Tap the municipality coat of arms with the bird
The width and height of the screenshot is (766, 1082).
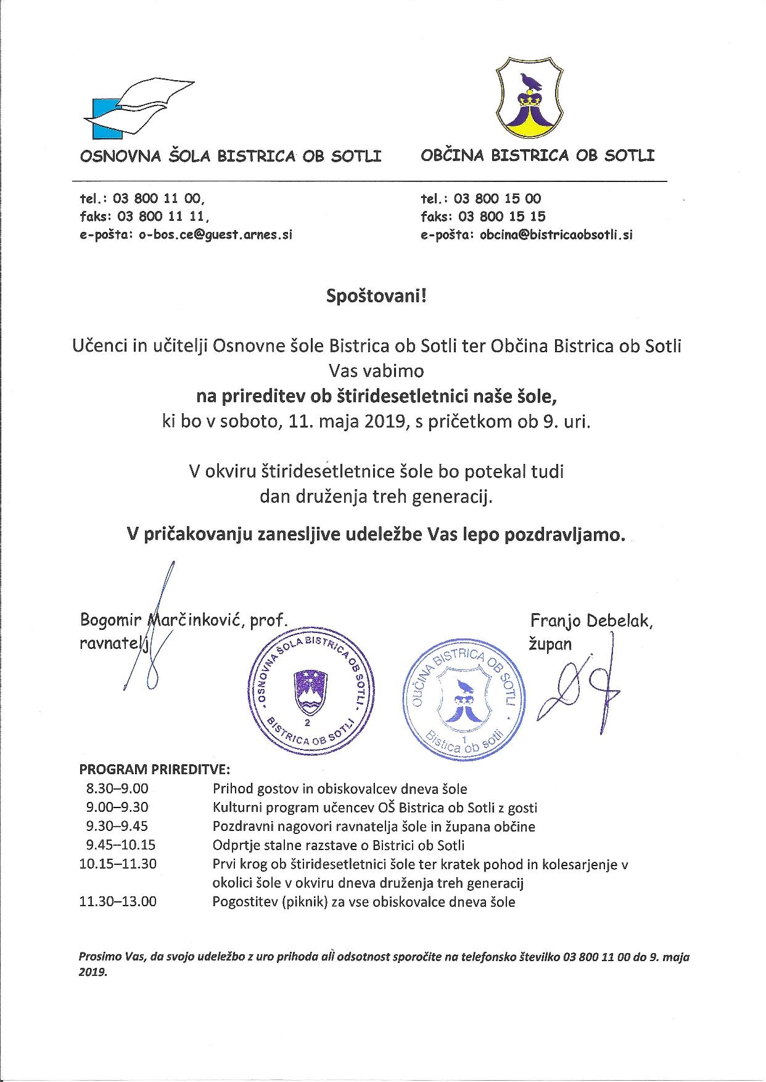[529, 98]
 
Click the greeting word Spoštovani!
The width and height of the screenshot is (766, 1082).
[376, 296]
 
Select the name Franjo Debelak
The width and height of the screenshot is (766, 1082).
[591, 621]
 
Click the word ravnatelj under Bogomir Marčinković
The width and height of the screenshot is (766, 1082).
[115, 643]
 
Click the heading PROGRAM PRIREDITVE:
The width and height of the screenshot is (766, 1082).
[154, 769]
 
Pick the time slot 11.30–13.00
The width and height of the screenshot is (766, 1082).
[118, 902]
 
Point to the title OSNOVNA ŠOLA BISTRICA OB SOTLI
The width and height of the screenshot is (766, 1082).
[231, 155]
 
